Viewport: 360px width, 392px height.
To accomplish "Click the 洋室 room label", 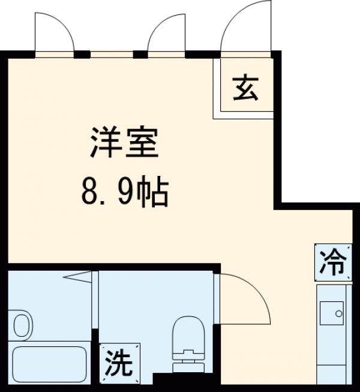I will pyautogui.click(x=125, y=143).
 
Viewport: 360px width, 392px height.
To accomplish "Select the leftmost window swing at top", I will pyautogui.click(x=54, y=34).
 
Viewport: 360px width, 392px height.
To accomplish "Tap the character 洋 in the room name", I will pyautogui.click(x=104, y=143).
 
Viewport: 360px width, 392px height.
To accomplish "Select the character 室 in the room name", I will pyautogui.click(x=144, y=143).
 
